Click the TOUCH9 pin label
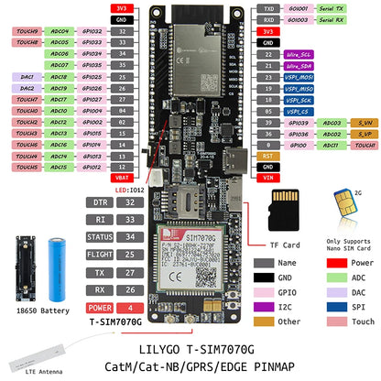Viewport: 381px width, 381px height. pos(25,30)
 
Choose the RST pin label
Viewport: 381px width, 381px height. pos(267,156)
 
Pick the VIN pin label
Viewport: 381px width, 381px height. pos(267,179)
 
